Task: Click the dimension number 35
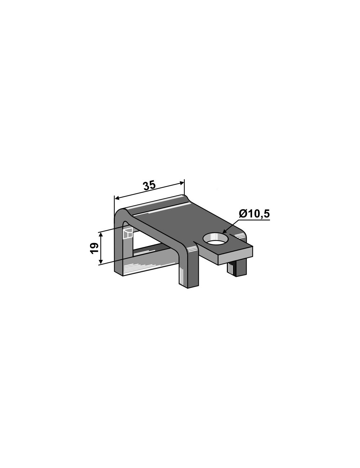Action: (x=149, y=186)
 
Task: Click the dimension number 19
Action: (x=94, y=248)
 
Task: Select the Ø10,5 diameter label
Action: (x=254, y=214)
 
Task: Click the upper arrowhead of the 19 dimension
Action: (x=102, y=234)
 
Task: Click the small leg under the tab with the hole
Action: (x=237, y=269)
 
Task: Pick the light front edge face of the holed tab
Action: (x=236, y=256)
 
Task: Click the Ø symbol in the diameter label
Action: (x=242, y=214)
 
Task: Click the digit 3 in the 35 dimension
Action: (x=146, y=186)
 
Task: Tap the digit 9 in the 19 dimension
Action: (x=94, y=245)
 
